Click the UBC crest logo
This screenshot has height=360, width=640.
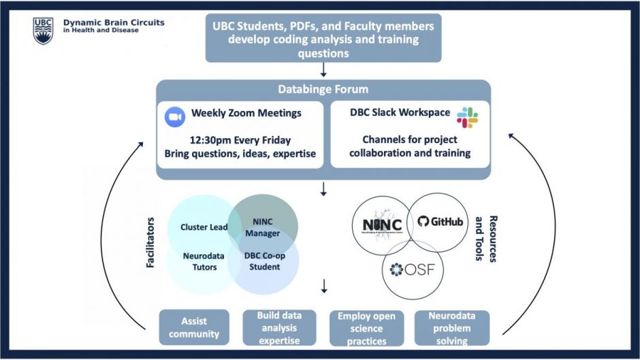point(43,31)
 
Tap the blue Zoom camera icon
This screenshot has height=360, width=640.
point(175,117)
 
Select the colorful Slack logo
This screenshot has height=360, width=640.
point(467,117)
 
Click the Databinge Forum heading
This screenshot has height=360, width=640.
point(323,89)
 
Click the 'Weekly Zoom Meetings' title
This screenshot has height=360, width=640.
point(246,113)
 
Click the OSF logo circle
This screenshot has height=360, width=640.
point(412,270)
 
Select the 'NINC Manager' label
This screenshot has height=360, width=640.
point(263,227)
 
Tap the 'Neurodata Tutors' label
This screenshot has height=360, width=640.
point(199,262)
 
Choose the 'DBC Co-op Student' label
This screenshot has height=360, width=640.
point(262,262)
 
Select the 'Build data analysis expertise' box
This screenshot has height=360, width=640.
point(280,327)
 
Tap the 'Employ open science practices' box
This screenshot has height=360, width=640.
point(366,328)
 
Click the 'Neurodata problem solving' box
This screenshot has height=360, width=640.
point(452,328)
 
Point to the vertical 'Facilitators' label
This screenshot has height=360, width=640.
point(152,242)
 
